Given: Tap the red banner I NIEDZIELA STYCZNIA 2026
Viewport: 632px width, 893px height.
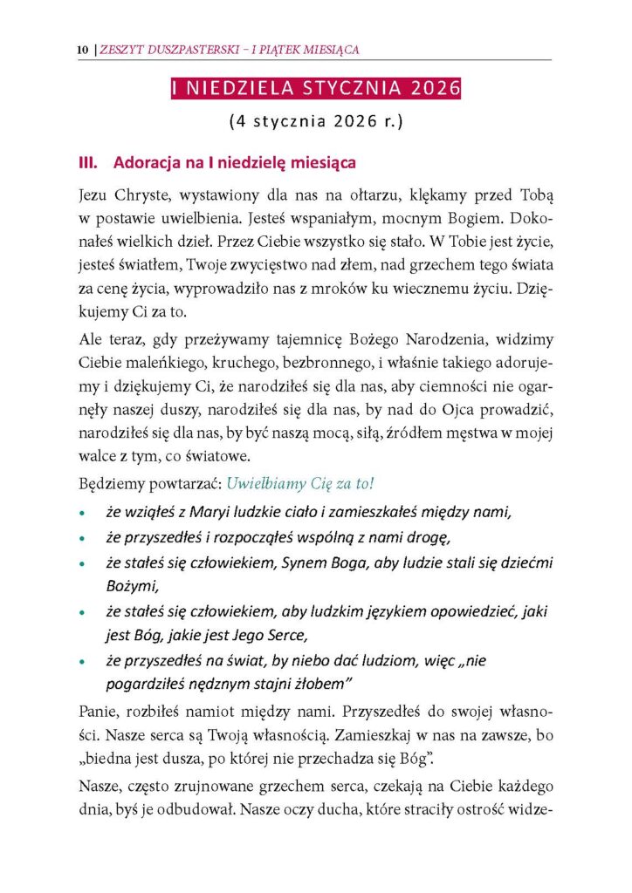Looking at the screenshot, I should coord(315,89).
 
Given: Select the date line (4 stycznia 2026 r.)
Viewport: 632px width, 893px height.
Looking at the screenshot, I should coord(315,123).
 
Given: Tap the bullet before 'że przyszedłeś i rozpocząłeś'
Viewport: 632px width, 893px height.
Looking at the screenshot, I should coord(82,538).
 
